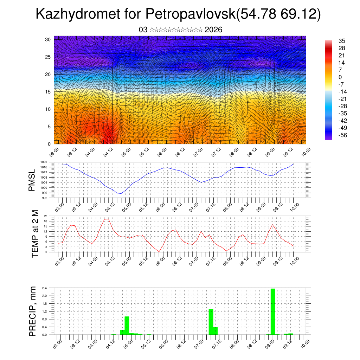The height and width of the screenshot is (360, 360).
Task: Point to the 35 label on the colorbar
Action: tap(341, 41)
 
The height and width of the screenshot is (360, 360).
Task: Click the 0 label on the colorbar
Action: tap(340, 77)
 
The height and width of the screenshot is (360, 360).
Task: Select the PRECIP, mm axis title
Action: tap(32, 311)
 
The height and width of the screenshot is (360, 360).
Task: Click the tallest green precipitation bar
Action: tap(273, 311)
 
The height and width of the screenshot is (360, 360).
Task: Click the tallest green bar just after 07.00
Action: tap(211, 322)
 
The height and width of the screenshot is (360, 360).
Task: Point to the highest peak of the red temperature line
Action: tap(107, 219)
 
